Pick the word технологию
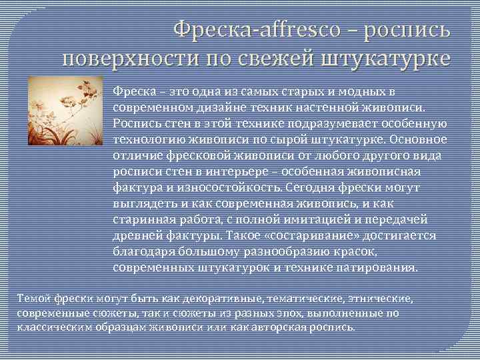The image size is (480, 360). pos(147,140)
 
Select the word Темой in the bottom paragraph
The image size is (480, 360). pos(33,298)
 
